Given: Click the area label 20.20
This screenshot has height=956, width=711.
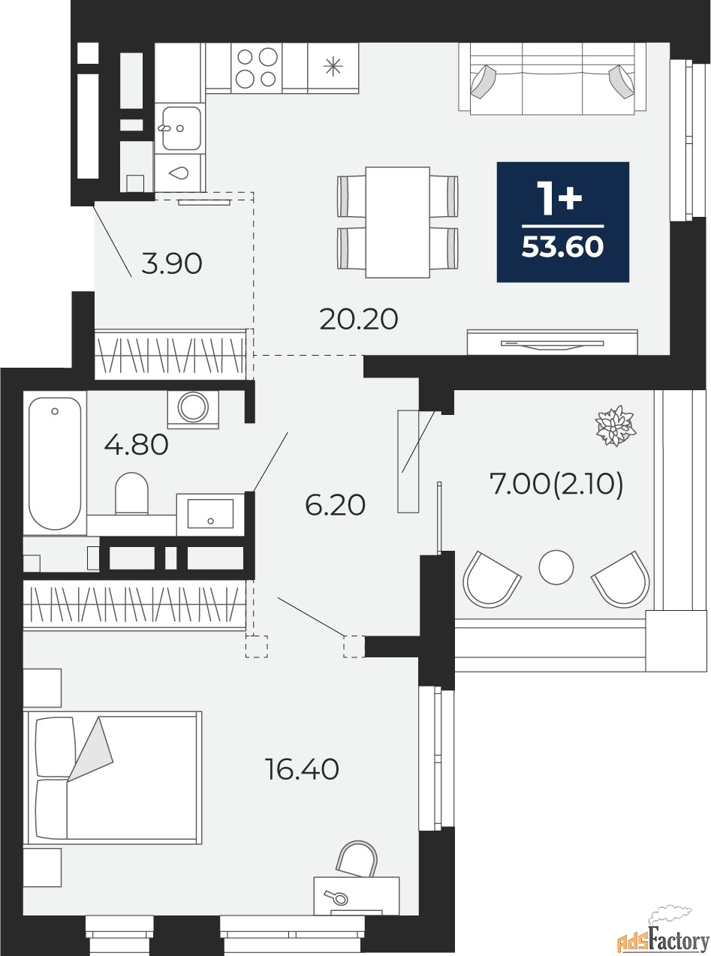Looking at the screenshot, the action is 359,320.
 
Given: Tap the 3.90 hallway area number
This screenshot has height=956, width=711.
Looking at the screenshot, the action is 172,264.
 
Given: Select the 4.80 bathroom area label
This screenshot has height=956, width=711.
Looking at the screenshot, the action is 136,444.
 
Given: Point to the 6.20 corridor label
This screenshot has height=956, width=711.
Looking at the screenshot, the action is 335,505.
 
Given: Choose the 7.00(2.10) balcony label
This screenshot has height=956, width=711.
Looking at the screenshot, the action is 556,485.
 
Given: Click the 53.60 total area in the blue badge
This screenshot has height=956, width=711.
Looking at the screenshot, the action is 562,248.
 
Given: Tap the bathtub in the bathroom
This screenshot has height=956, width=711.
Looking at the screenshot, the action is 55,463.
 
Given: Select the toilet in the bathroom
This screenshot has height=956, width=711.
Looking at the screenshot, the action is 131,493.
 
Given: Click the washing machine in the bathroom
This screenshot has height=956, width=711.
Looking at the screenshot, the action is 193,409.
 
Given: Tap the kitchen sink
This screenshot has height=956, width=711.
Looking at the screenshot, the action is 181,128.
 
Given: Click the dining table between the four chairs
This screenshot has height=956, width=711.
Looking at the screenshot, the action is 397,222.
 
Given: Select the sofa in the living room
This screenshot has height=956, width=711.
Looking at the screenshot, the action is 553,79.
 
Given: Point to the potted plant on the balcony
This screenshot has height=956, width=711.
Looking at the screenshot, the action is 616,425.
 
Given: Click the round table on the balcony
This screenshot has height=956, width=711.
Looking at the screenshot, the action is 556,567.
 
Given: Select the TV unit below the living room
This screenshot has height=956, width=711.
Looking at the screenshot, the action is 553,342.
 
